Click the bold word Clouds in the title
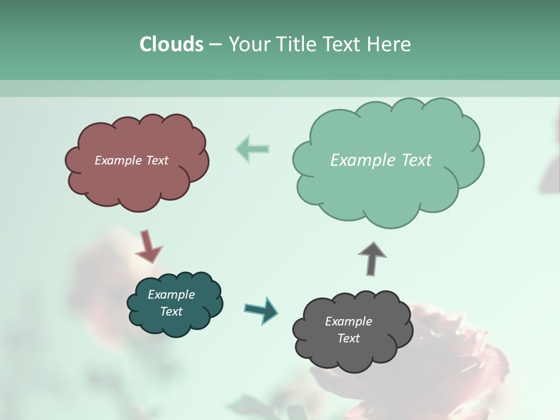click(x=171, y=44)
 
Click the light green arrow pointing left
click(x=252, y=148)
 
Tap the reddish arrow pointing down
click(x=149, y=247)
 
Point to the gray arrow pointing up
click(x=372, y=258)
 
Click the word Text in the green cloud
click(x=416, y=160)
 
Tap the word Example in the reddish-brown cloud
click(x=118, y=160)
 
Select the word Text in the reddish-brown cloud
click(x=156, y=160)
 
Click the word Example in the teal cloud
click(x=171, y=295)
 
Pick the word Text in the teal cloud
click(x=171, y=311)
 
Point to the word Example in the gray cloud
click(x=348, y=321)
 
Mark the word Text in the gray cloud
click(x=348, y=338)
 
